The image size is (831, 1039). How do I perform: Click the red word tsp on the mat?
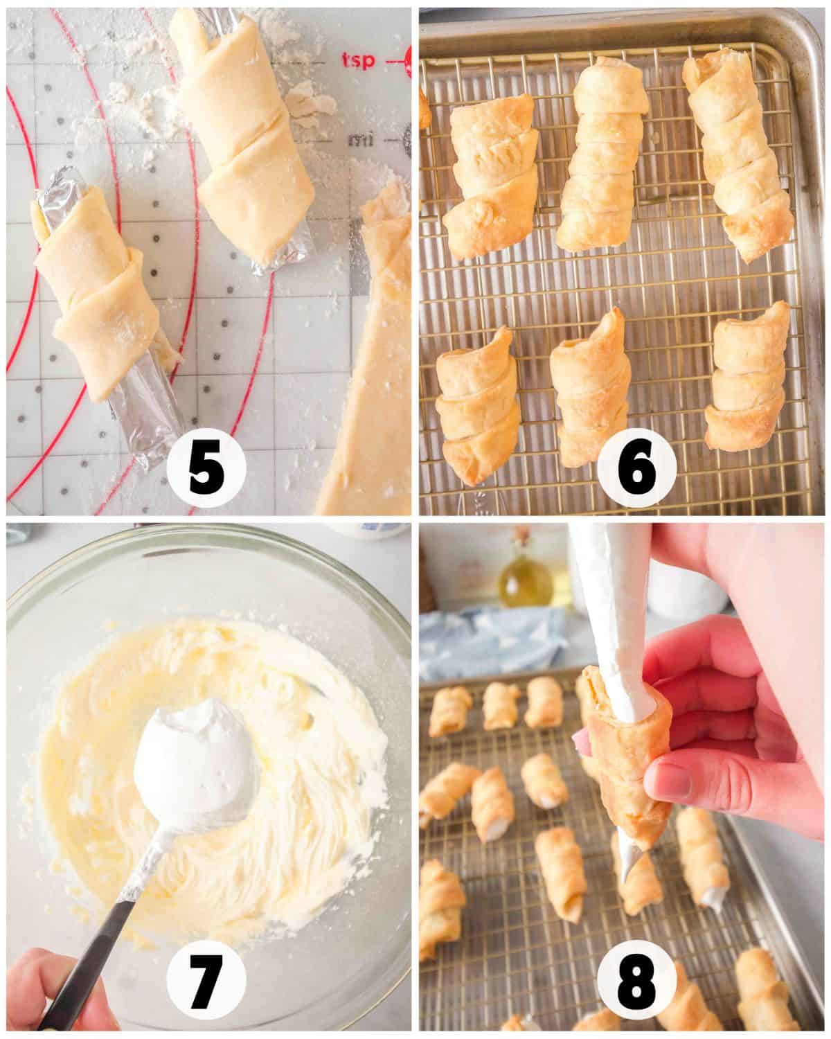click(x=359, y=61)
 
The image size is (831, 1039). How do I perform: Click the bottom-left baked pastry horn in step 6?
click(x=478, y=409)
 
